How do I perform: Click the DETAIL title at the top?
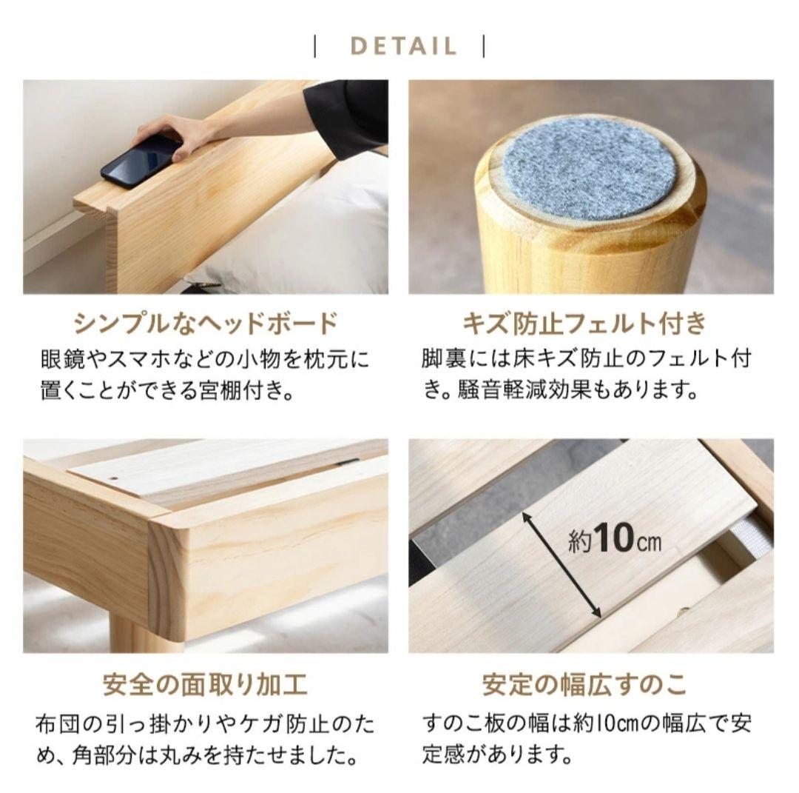click(x=403, y=46)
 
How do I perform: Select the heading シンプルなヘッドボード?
click(x=205, y=324)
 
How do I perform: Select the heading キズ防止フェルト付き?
click(x=584, y=324)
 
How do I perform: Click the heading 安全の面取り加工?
click(x=205, y=685)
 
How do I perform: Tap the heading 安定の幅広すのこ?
click(x=584, y=685)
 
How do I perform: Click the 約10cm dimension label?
click(x=615, y=541)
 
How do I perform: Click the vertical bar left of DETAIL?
click(x=316, y=46)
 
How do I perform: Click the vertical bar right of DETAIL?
click(x=484, y=46)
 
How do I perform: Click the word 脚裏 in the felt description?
click(x=442, y=360)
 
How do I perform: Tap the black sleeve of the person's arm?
click(x=348, y=111)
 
